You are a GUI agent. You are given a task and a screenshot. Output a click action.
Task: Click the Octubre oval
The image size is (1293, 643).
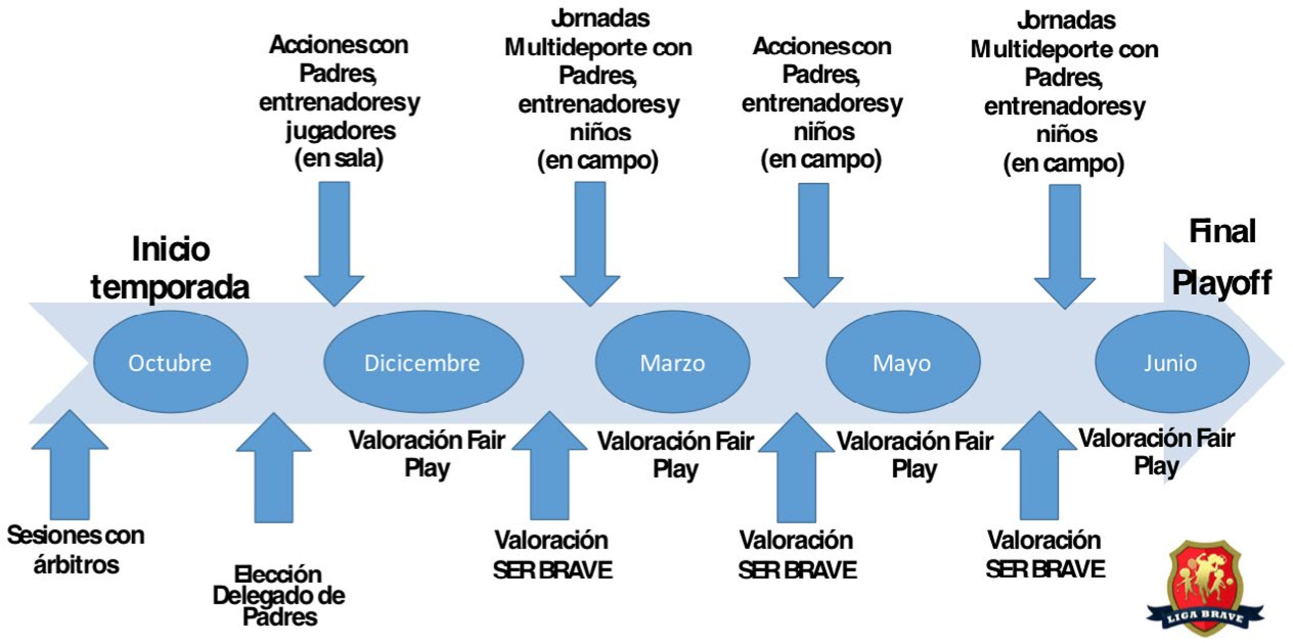tap(170, 362)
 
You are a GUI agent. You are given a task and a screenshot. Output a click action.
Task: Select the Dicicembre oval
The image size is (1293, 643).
tap(423, 362)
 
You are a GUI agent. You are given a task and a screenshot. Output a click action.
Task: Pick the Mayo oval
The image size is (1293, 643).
tap(902, 362)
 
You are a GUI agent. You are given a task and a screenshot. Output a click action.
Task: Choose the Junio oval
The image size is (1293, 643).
tap(1171, 362)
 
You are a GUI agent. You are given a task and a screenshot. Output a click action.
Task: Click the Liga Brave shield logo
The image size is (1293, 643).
tap(1205, 587)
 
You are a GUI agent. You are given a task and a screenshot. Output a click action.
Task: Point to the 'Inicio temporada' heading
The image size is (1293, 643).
tap(170, 268)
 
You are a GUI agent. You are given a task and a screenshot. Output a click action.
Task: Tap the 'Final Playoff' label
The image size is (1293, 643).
tap(1222, 257)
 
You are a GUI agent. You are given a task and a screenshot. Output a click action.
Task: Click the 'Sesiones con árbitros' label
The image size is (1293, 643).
tap(76, 550)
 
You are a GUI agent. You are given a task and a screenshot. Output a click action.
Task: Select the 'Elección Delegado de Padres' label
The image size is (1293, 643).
tap(279, 595)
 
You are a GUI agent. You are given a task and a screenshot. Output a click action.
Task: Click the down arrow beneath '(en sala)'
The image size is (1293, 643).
tap(334, 241)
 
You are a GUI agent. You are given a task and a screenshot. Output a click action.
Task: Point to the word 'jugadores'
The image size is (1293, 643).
tap(341, 131)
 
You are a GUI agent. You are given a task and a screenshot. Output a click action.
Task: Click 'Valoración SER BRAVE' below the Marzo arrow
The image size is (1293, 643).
tap(552, 554)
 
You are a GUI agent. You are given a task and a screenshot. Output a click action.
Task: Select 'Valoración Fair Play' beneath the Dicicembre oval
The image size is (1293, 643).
tap(427, 454)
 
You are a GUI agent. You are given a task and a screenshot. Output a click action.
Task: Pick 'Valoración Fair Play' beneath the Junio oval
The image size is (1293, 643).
tap(1157, 452)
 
